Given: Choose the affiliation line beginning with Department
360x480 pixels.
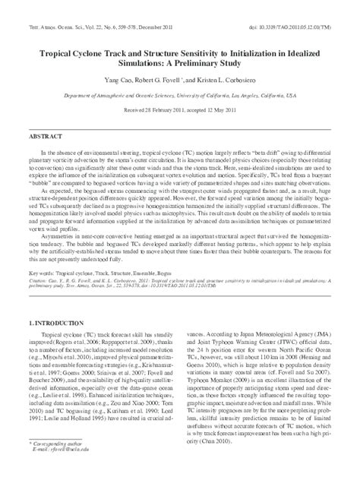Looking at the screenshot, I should (x=179, y=95).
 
